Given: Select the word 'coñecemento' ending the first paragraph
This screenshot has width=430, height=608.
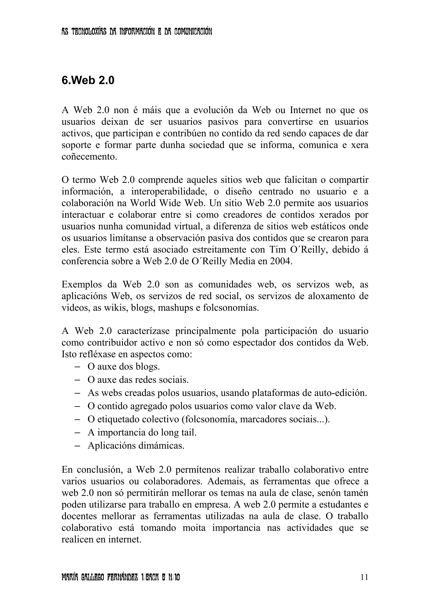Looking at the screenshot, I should point(89,157).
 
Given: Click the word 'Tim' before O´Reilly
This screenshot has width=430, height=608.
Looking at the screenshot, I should point(278,250).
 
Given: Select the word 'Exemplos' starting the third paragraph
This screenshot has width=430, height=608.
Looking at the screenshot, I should point(82,285).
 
